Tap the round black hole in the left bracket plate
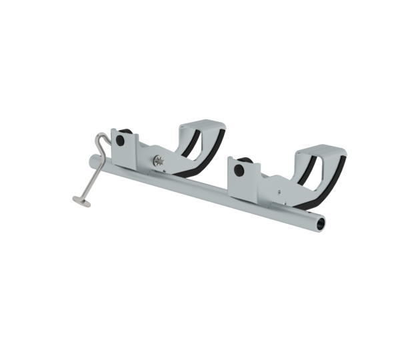(x=121, y=141)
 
